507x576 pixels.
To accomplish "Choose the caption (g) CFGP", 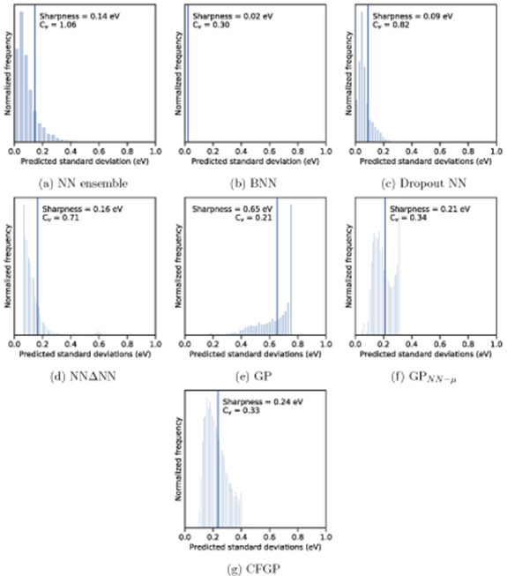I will (x=254, y=565).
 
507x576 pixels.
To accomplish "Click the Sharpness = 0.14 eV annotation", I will (x=78, y=16).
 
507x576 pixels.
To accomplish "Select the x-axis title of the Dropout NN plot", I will (x=428, y=162).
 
